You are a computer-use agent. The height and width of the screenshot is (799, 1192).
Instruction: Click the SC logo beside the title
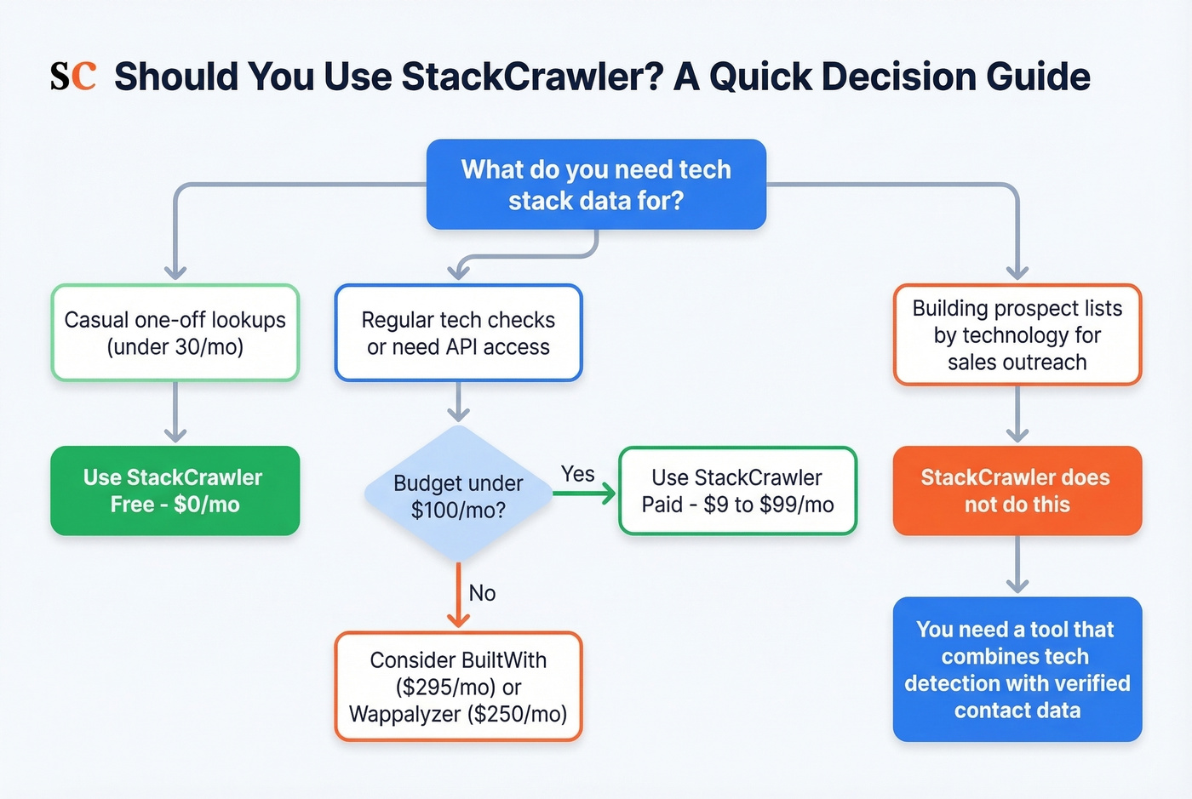pos(72,77)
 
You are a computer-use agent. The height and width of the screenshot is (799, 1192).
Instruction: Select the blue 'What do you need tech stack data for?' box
pos(596,185)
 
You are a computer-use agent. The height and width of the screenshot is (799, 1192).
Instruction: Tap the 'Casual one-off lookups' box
pos(175,333)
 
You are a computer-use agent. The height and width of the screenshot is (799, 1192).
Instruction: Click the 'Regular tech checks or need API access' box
pos(458,333)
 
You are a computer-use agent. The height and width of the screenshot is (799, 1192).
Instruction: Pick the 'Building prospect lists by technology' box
pos(1017,334)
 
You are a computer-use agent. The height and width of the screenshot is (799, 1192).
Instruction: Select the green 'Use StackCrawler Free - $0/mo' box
pos(175,491)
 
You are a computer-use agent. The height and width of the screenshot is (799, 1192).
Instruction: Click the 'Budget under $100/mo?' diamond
pos(458,495)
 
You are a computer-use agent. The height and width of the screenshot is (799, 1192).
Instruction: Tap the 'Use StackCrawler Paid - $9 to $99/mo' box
pos(737,491)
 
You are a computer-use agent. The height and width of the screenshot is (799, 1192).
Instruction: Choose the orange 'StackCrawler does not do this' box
pos(1017,491)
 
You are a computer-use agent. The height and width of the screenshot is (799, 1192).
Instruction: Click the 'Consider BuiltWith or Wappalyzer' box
pos(458,687)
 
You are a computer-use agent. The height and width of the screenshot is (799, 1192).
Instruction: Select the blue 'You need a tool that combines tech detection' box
pos(1017,670)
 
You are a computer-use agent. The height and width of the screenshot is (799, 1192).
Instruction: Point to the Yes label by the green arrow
pos(578,474)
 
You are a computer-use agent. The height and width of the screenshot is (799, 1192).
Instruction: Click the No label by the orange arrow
pos(482,593)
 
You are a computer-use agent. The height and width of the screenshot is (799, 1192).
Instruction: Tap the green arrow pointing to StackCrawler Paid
pos(586,494)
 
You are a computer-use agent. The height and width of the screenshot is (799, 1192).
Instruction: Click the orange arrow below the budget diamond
pos(458,596)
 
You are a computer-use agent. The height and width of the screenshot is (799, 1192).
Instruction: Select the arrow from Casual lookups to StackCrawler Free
pos(175,413)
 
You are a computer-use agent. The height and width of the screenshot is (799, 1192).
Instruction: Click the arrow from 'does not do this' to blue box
pos(1017,565)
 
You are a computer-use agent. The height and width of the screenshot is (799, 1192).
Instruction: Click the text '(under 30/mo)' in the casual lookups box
pos(175,347)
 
